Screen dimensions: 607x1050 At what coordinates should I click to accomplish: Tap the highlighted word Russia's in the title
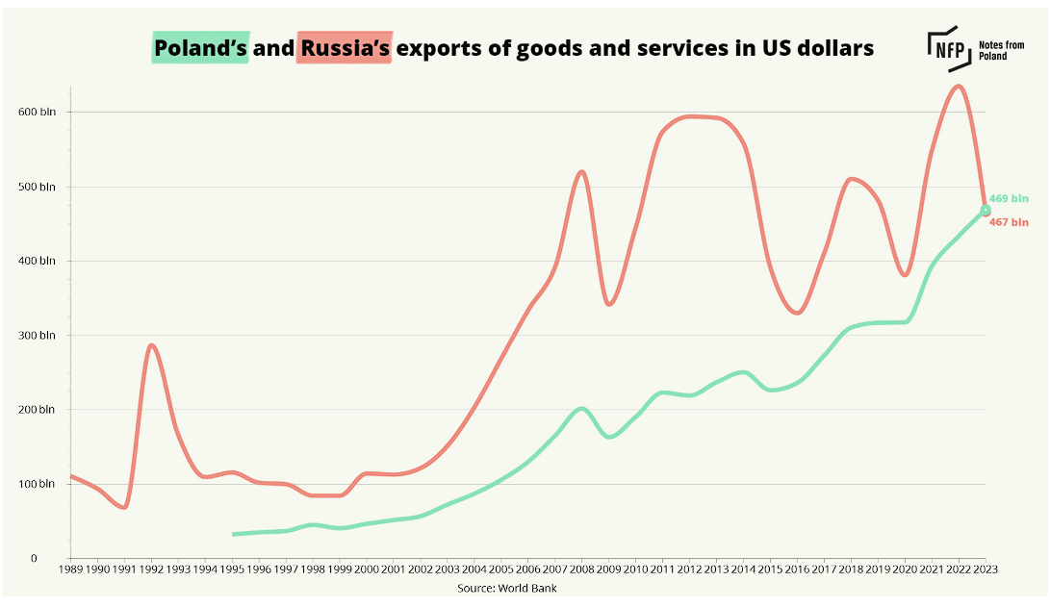[345, 47]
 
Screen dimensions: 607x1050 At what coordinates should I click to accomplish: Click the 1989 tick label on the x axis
[70, 569]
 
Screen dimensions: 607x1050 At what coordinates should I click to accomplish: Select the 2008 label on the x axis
[582, 569]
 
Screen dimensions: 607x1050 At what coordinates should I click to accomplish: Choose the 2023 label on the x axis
[986, 569]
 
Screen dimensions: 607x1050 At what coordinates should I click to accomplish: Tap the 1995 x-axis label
[232, 569]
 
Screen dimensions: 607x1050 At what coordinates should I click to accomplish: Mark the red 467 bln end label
[1009, 222]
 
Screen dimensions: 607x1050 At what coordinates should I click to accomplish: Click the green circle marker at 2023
[986, 210]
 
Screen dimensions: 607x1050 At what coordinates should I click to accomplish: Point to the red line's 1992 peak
[151, 345]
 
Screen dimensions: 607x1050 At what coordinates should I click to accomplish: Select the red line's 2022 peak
[958, 87]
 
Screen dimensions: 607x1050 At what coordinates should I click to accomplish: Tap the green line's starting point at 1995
[233, 534]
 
